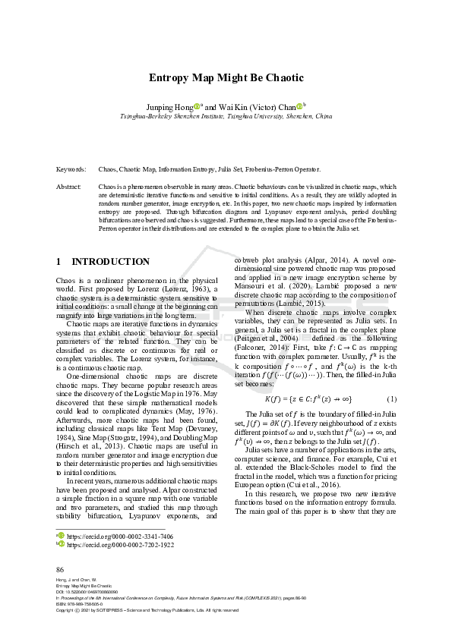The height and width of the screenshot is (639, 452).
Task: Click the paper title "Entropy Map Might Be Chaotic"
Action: pos(226,77)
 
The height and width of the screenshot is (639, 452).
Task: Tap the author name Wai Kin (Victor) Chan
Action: pos(254,107)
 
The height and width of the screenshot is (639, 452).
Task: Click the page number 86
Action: pos(61,569)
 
